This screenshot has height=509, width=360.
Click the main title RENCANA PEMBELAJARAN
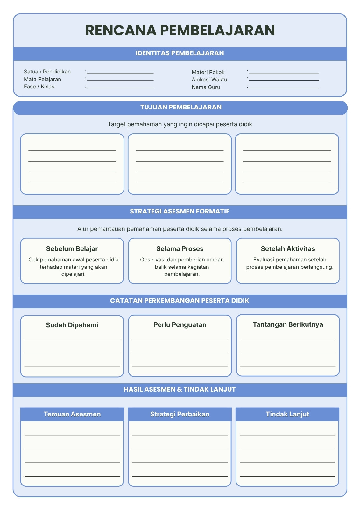coord(180,30)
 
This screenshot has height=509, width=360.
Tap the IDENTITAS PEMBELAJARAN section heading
coord(180,53)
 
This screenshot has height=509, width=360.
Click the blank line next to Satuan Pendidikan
coord(120,73)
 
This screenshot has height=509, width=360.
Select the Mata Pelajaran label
coord(43,79)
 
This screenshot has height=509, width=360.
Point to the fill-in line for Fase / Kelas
coord(120,88)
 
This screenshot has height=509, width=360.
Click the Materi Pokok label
coord(208,72)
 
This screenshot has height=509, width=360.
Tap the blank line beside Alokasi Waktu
coord(284,80)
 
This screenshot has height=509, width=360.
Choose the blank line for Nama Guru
coord(284,88)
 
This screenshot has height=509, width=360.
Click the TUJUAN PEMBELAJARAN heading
coord(181,107)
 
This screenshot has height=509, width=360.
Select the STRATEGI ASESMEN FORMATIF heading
coord(180,211)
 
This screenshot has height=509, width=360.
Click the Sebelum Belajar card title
coord(72,249)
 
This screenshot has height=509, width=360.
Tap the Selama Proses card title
coord(180,249)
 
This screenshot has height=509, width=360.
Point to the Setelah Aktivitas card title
coord(288,249)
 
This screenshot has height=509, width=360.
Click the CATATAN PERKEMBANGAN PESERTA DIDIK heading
coord(180,301)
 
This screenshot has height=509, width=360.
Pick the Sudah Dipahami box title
coord(72,325)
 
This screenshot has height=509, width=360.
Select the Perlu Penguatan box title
coord(180,325)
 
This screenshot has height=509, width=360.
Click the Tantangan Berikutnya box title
coord(288,324)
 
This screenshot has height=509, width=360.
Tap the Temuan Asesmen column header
coord(72,414)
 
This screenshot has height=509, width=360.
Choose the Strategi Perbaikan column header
coord(180,414)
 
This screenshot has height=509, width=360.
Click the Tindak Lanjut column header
coord(287,414)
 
